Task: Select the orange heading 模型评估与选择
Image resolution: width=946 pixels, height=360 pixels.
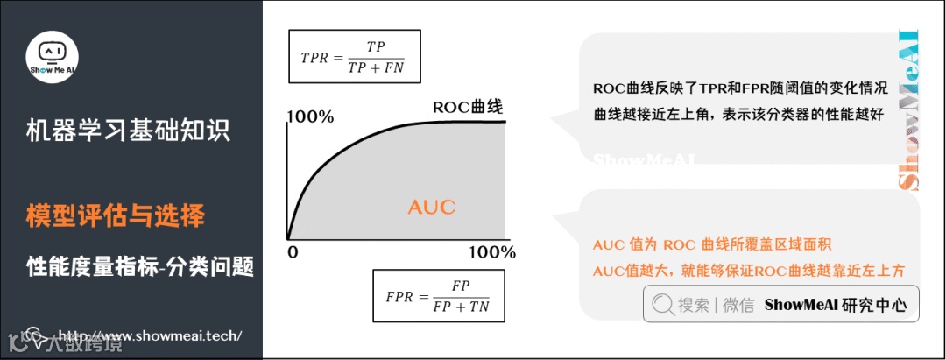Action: pyautogui.click(x=116, y=215)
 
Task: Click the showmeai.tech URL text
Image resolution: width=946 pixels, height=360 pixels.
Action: pyautogui.click(x=149, y=335)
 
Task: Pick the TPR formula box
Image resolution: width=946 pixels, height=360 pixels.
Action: pyautogui.click(x=354, y=57)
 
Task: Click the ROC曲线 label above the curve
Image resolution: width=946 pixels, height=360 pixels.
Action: pyautogui.click(x=467, y=108)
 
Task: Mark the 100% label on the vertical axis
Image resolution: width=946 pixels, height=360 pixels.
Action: pyautogui.click(x=310, y=116)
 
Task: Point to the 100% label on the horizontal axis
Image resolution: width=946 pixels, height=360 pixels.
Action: pyautogui.click(x=491, y=252)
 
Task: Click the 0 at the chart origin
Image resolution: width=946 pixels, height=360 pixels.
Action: pyautogui.click(x=294, y=252)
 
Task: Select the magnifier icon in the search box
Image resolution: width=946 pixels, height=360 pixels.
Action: pyautogui.click(x=663, y=305)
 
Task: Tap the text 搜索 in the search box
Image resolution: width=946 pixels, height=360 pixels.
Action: pyautogui.click(x=694, y=305)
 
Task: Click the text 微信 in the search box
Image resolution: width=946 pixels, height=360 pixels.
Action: pyautogui.click(x=738, y=305)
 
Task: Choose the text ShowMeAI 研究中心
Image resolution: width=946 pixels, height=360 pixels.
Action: pyautogui.click(x=836, y=305)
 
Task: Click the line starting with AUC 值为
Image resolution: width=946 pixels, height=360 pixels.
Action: pyautogui.click(x=711, y=244)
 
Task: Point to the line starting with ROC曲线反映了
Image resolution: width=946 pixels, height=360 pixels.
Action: pyautogui.click(x=740, y=89)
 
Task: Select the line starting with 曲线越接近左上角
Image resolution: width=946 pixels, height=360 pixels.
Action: pyautogui.click(x=740, y=114)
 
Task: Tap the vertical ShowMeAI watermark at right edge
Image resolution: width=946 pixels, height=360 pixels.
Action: pyautogui.click(x=909, y=109)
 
